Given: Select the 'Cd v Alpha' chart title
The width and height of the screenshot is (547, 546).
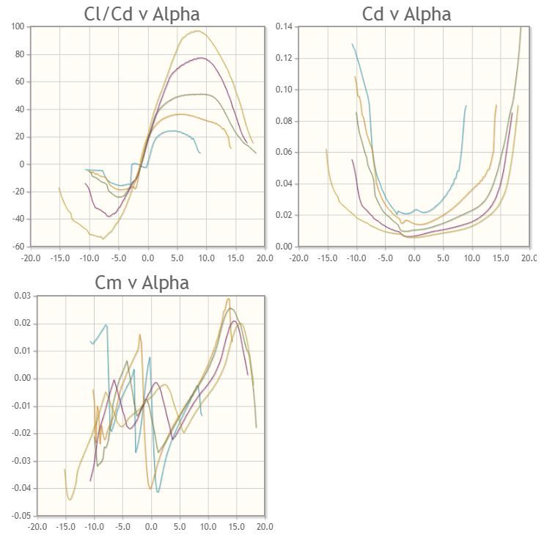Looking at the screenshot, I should point(406,13).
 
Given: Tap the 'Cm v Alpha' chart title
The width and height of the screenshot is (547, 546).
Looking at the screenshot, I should point(142,283).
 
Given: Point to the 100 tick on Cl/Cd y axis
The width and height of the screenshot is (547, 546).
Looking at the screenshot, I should point(18,27).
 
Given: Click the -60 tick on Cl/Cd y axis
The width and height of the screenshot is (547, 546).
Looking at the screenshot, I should point(18,247).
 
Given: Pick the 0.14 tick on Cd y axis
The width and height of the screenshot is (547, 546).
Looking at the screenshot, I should point(284,27).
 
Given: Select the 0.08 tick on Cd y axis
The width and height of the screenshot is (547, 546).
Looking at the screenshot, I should point(284,121).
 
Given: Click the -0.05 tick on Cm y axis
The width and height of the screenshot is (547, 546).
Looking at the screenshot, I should point(21,516).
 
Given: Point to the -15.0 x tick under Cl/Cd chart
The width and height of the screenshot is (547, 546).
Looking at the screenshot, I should point(59,258).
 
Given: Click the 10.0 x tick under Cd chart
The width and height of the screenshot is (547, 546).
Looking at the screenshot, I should point(471,258).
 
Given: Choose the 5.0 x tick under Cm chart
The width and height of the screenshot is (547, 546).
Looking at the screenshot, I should point(180,527).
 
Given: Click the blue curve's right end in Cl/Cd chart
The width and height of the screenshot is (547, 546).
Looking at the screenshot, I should point(199,153).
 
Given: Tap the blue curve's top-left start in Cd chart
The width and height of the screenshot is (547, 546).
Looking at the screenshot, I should point(353,44).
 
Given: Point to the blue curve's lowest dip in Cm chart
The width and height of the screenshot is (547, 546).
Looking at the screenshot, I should point(158,492).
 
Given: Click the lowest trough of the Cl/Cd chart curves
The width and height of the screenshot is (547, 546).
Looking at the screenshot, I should point(103,239).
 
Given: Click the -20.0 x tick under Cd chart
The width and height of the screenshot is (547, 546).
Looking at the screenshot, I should point(298,258).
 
